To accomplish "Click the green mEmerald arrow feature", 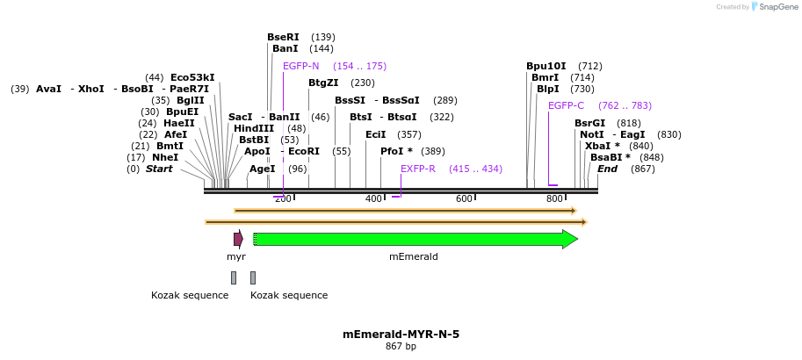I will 413,239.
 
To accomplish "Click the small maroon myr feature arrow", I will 238,239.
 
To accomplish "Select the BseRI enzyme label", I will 283,37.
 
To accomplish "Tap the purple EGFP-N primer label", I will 300,66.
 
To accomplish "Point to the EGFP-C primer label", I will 566,105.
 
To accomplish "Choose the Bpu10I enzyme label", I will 546,66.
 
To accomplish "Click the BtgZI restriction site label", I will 323,83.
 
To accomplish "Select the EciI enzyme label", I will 375,134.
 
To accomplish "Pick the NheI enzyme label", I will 165,157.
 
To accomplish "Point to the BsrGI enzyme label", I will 589,123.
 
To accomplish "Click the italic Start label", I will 159,169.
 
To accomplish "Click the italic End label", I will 607,169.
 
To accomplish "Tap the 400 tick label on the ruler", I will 373,199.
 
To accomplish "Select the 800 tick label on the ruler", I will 554,199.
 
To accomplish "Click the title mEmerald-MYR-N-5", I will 401,335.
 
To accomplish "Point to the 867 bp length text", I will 401,347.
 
